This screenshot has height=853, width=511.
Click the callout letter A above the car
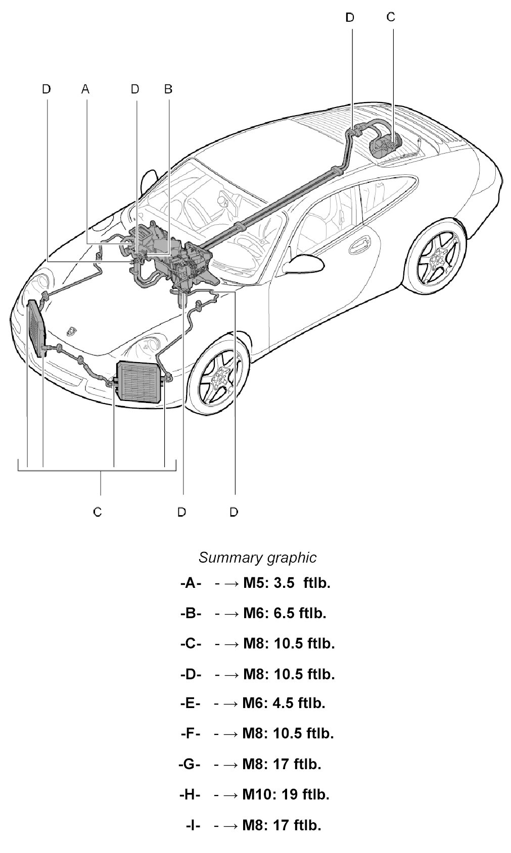pyautogui.click(x=85, y=89)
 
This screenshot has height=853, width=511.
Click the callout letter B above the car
pyautogui.click(x=168, y=89)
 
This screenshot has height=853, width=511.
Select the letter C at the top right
pyautogui.click(x=391, y=17)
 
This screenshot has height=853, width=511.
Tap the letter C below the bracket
pyautogui.click(x=98, y=512)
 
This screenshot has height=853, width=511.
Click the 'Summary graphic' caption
pyautogui.click(x=257, y=558)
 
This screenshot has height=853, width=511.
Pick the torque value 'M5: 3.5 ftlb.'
pyautogui.click(x=286, y=583)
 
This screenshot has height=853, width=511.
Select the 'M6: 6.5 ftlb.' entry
pyautogui.click(x=285, y=613)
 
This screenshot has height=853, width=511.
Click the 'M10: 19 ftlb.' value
pyautogui.click(x=286, y=794)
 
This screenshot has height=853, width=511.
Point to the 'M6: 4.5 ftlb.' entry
pyautogui.click(x=284, y=703)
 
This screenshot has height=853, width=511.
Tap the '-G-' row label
pyautogui.click(x=190, y=764)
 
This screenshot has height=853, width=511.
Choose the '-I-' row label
pyautogui.click(x=193, y=825)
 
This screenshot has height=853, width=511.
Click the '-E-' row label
pyautogui.click(x=190, y=703)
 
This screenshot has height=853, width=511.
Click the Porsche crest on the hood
pyautogui.click(x=71, y=330)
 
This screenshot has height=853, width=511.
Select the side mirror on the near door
pyautogui.click(x=299, y=262)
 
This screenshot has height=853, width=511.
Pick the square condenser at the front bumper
pyautogui.click(x=140, y=381)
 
